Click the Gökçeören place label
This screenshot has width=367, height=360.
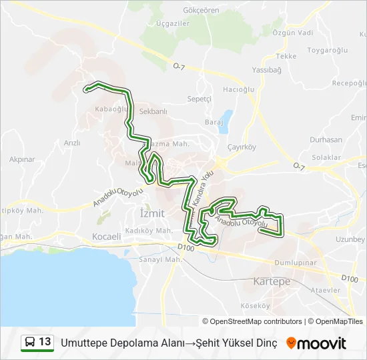click(201, 11)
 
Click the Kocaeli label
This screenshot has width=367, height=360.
click(107, 236)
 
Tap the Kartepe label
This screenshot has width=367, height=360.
click(272, 282)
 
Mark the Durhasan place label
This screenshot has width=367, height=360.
click(326, 140)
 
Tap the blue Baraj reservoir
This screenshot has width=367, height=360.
click(226, 120)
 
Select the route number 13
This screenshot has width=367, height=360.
click(45, 343)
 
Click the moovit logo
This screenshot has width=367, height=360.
click(316, 343)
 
